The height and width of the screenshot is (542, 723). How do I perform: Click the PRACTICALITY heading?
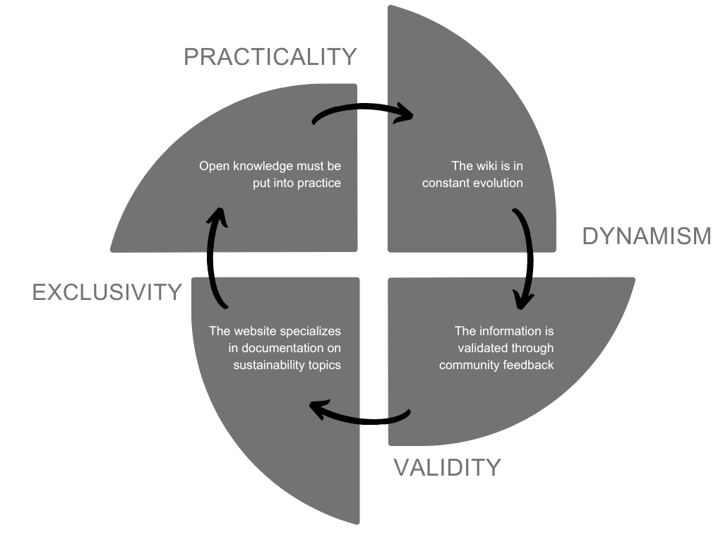[270, 56]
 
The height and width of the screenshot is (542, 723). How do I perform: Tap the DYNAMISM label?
[646, 236]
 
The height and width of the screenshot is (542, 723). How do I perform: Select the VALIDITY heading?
[447, 467]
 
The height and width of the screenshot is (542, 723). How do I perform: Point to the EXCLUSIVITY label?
[107, 291]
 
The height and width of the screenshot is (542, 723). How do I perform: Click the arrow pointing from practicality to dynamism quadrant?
[363, 111]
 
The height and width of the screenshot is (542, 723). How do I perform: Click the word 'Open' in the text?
[213, 167]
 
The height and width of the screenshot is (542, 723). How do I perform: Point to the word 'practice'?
[319, 183]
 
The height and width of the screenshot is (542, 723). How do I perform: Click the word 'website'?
[254, 331]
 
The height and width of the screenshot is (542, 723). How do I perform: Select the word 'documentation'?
[285, 348]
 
